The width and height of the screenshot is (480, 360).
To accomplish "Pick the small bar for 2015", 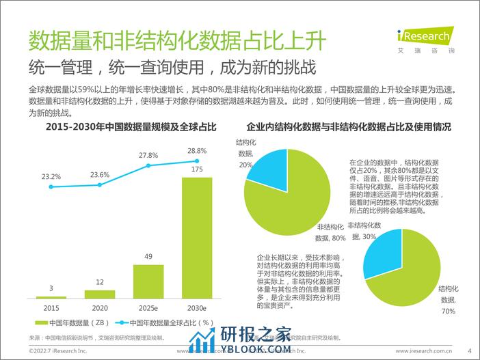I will pos(51,297).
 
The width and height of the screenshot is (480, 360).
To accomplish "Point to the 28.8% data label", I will pos(196,150).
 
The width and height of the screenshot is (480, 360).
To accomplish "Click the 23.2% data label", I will pos(51,176).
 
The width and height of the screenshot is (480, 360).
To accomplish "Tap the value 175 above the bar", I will pos(196,169).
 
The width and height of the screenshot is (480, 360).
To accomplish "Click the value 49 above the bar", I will pos(148,256).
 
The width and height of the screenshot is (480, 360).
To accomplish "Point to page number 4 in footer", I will pos(470,350).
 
